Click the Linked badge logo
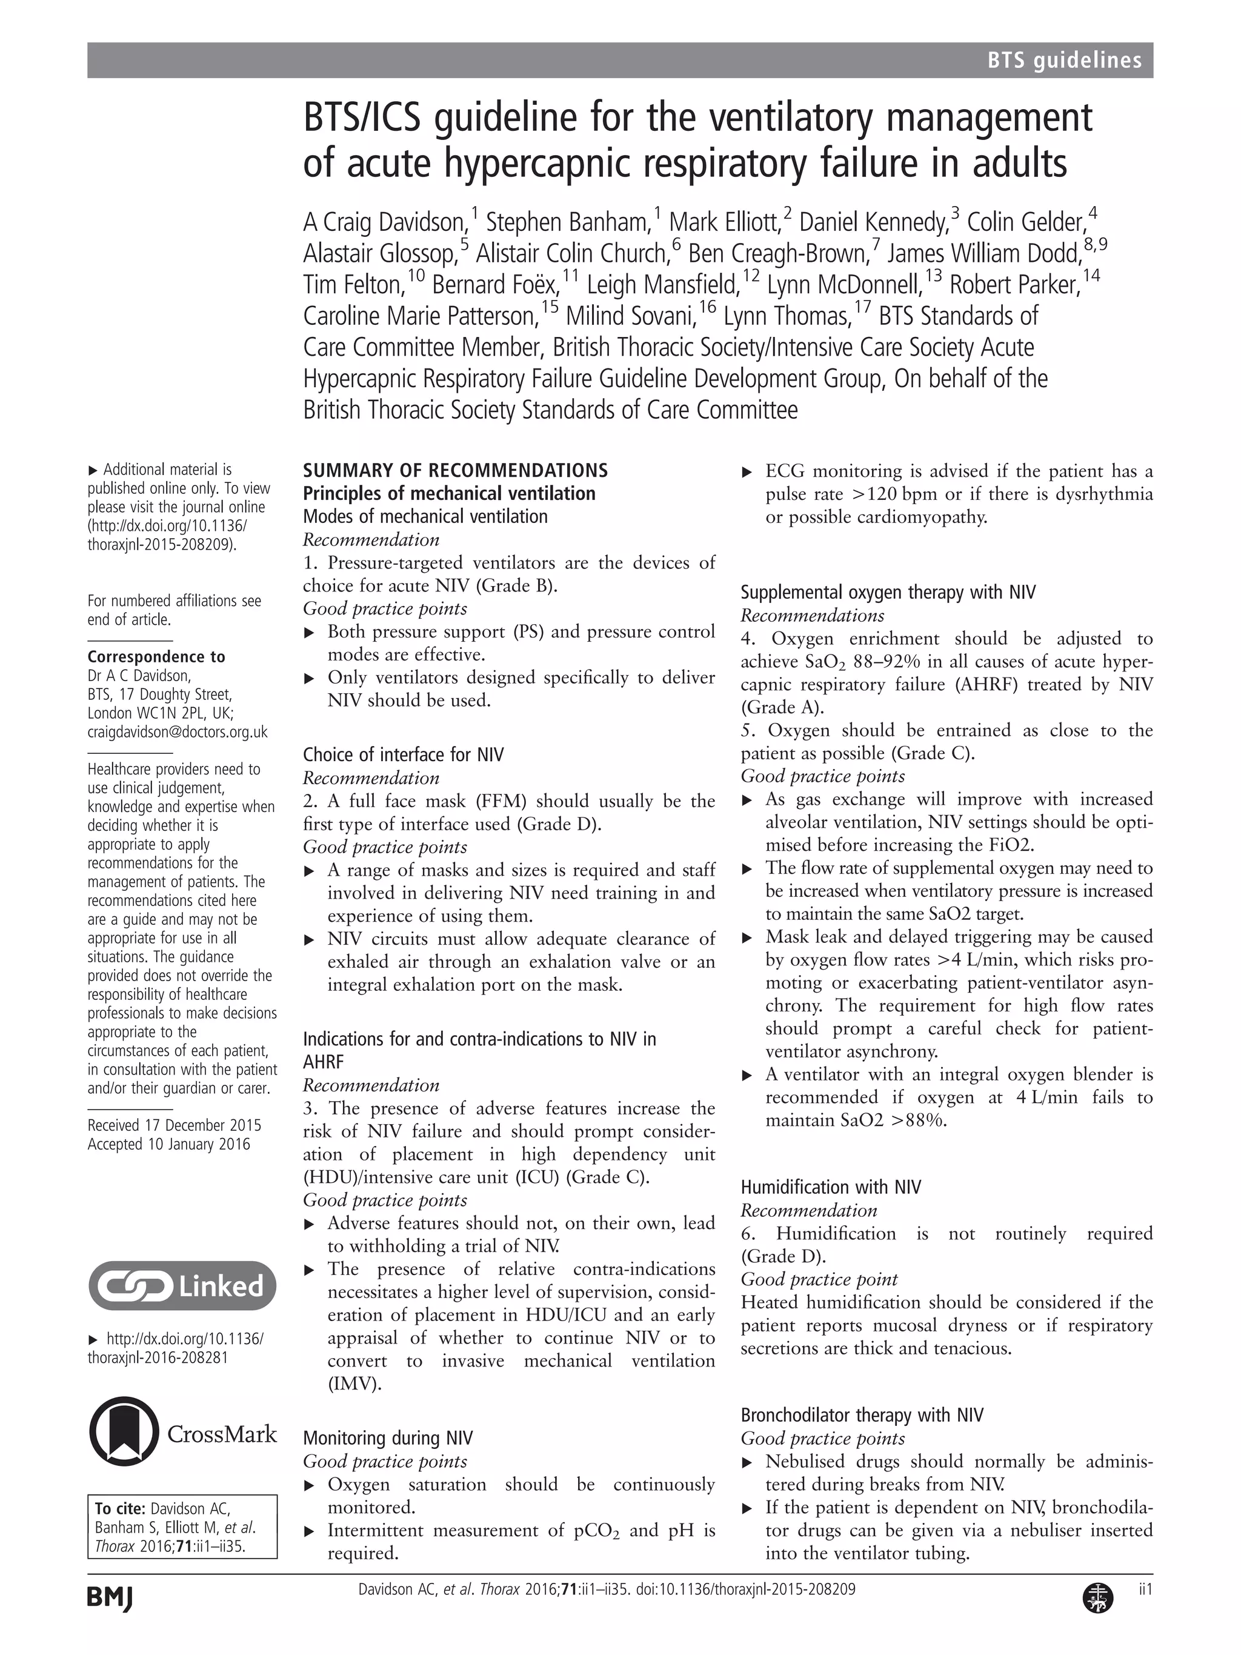[x=182, y=1285]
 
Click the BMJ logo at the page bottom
[x=109, y=1598]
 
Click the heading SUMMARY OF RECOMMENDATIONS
[x=455, y=471]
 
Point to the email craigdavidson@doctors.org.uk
[x=178, y=731]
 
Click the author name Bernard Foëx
[x=494, y=285]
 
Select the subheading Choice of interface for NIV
[x=403, y=754]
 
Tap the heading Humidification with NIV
[x=830, y=1187]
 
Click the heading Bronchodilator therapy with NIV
[x=862, y=1415]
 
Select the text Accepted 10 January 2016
[x=168, y=1144]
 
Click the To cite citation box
[x=182, y=1527]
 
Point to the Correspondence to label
[x=156, y=657]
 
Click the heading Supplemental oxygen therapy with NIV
[x=888, y=593]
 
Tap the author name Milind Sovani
[x=630, y=316]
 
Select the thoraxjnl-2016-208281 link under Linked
[x=158, y=1357]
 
